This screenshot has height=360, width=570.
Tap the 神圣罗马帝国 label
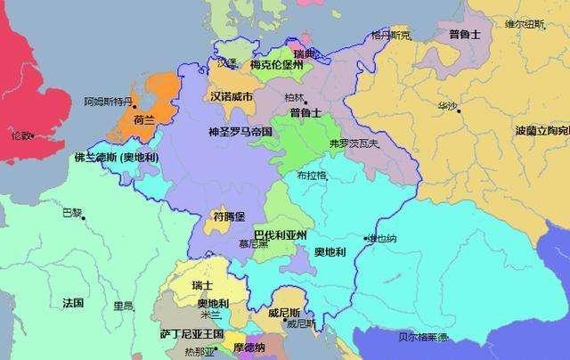click(x=240, y=131)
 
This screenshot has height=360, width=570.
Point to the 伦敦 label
click(x=20, y=136)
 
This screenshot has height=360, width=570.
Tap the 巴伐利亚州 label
click(x=280, y=235)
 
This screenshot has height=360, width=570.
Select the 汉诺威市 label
click(x=232, y=95)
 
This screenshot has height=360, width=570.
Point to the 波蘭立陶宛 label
click(x=542, y=131)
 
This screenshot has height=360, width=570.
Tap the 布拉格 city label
click(x=312, y=175)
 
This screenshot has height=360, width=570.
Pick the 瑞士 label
click(x=202, y=285)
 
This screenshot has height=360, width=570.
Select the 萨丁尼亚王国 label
click(x=191, y=332)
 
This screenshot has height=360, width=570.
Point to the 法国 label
click(x=73, y=303)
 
